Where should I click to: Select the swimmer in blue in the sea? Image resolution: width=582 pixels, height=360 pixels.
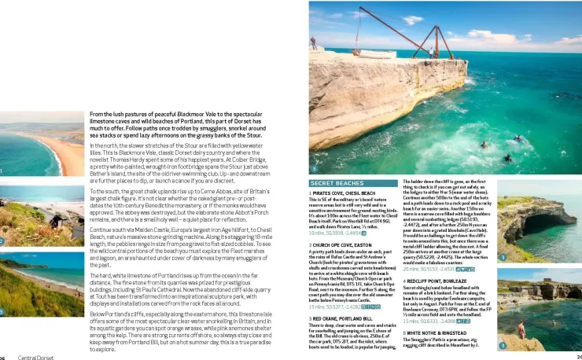518,138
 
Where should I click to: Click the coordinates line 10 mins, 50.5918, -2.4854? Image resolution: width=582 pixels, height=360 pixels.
336,233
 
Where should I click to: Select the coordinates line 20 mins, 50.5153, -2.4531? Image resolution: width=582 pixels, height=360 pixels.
429,269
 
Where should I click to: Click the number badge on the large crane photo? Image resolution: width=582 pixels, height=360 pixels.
314,170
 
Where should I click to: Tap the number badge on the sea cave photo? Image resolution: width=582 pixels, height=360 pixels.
502,257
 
